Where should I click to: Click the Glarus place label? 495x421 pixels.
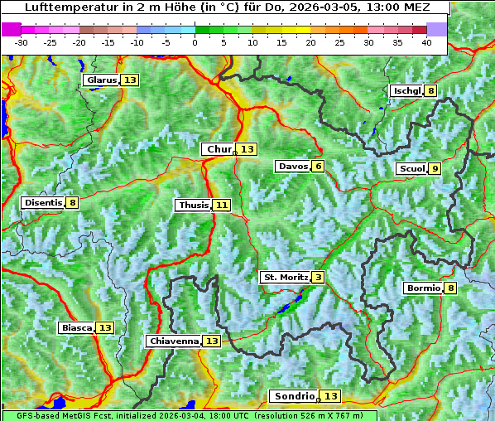(101, 80)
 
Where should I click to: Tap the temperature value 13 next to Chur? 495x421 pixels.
(248, 149)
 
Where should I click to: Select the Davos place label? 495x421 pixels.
(293, 167)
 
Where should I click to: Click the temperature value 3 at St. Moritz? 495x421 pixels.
(319, 277)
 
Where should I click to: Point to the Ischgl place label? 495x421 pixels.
(406, 90)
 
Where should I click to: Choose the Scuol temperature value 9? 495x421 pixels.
(435, 169)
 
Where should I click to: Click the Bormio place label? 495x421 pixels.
(422, 288)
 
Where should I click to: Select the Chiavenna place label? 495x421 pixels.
(174, 341)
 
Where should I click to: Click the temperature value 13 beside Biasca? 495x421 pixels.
(105, 328)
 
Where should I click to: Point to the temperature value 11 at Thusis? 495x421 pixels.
(221, 205)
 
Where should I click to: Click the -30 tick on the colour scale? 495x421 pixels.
(22, 42)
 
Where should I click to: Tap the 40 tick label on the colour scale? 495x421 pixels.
(426, 42)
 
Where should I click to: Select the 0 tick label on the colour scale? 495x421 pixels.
(195, 42)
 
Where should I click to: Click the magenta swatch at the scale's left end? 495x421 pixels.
(11, 29)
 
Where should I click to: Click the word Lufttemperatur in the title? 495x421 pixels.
(65, 7)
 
